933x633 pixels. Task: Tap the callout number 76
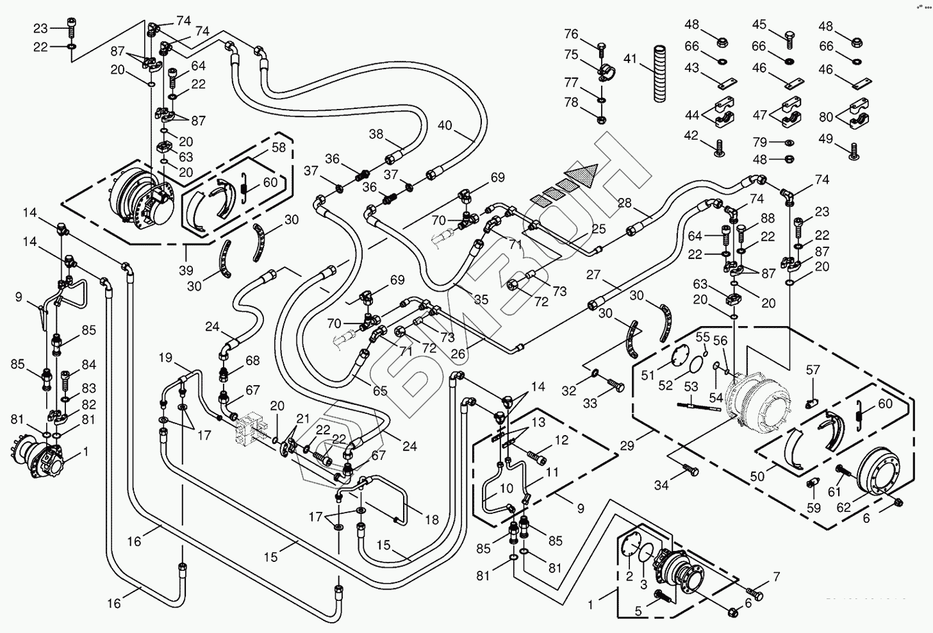571,34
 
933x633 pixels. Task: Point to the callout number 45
759,24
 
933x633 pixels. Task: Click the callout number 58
279,148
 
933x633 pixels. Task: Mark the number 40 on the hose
444,126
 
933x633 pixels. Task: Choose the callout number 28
624,203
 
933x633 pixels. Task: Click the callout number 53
691,387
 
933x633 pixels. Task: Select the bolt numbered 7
756,595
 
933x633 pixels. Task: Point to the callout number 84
88,365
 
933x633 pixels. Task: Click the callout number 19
165,357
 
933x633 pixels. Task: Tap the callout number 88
767,218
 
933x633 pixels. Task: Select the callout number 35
481,299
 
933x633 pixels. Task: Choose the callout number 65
380,390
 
